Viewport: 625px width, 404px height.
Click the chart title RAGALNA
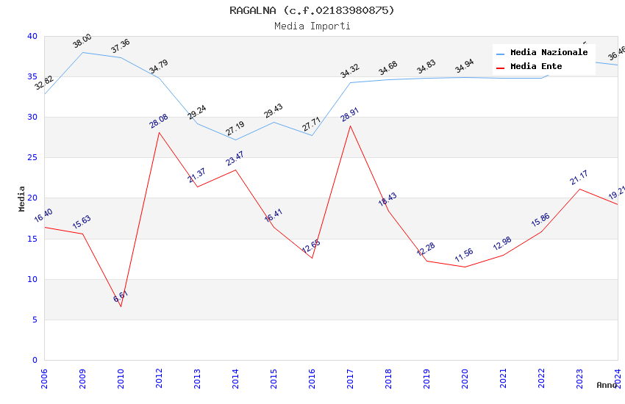[312, 10]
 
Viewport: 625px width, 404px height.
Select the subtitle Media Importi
[312, 26]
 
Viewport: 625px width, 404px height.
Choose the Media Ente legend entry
[536, 67]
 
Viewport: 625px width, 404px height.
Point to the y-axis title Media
[21, 198]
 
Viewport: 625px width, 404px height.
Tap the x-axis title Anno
[607, 385]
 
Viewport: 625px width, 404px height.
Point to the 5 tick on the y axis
[35, 320]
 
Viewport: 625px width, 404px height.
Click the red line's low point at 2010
[121, 306]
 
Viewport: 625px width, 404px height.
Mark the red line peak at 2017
[350, 126]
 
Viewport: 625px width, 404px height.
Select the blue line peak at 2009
[82, 52]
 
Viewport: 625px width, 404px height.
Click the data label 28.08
[159, 120]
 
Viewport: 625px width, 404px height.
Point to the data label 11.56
[464, 255]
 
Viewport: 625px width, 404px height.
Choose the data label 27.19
[235, 129]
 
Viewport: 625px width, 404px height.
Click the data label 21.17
[579, 178]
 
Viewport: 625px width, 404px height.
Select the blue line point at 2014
[235, 140]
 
